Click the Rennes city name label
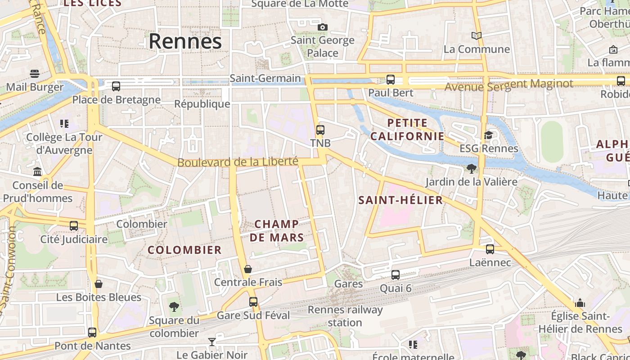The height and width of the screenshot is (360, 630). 185,41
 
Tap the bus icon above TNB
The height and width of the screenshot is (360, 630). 320,130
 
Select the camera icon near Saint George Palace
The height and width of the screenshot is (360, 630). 322,27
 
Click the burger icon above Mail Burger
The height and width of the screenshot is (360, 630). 35,73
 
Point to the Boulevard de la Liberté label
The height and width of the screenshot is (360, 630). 238,162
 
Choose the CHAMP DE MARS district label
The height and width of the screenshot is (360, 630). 277,230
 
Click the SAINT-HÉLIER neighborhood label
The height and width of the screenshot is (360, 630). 400,200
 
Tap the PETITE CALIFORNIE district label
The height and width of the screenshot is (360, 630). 407,129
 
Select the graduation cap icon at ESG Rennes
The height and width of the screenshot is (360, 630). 488,135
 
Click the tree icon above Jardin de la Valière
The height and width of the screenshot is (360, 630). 471,169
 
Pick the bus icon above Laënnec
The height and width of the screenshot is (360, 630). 490,249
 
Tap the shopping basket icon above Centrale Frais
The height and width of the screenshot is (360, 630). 247,269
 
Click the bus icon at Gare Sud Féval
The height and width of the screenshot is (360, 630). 253,302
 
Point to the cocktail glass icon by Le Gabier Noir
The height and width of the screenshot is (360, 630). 211,342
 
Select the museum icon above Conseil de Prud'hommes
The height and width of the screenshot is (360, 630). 37,171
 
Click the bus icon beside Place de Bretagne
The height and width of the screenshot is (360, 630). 116,86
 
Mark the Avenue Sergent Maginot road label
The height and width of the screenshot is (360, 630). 508,84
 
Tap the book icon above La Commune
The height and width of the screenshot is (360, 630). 476,36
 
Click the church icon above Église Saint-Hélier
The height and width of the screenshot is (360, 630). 580,303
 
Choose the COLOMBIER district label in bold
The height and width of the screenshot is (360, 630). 184,250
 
